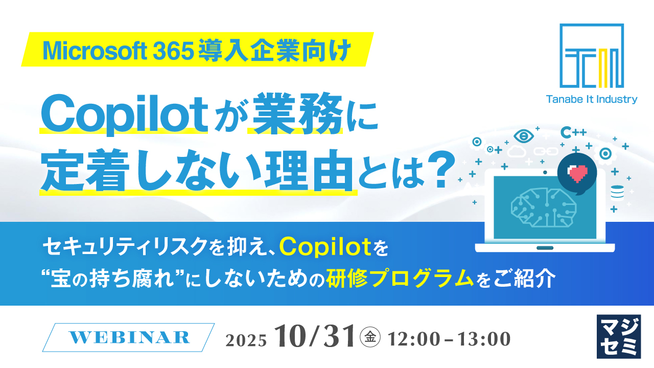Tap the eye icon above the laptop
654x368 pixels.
523,136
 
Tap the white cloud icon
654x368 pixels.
517,151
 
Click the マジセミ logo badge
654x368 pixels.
618,336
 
